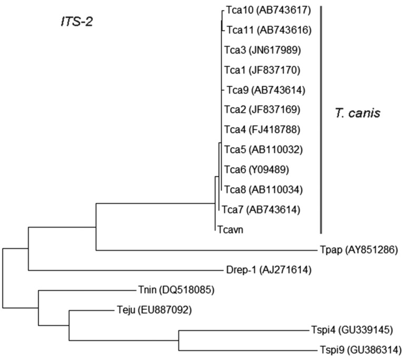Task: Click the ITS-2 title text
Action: pos(75,23)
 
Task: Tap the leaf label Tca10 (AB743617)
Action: pos(268,10)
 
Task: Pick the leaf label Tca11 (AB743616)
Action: pos(269,30)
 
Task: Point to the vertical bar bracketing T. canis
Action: pos(321,118)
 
